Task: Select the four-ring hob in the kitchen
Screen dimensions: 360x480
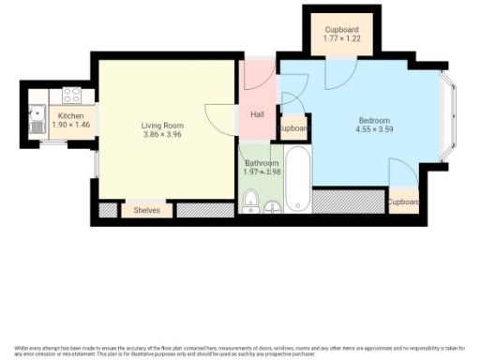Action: (70, 95)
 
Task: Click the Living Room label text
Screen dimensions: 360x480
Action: (162, 125)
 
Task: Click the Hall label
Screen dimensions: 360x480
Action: (257, 115)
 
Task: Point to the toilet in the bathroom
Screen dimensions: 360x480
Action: (250, 202)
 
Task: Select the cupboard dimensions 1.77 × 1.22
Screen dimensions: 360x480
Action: (340, 38)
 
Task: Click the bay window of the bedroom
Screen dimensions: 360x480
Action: (449, 116)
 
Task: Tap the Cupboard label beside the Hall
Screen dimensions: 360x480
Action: (293, 128)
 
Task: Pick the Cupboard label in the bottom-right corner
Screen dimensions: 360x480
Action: (402, 202)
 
